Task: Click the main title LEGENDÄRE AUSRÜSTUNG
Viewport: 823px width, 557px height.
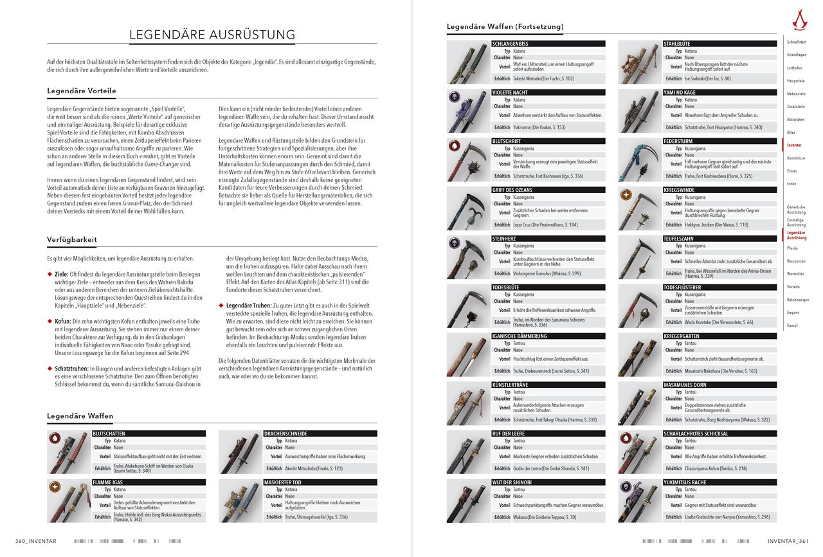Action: tap(212, 35)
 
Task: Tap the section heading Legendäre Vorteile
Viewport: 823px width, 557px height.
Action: tap(82, 91)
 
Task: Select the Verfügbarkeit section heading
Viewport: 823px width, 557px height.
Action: tap(72, 239)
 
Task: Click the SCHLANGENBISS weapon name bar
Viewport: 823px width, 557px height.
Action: tap(548, 44)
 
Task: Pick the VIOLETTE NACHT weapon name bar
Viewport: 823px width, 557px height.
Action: tap(548, 93)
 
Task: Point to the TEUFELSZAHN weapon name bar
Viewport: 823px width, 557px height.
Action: tap(719, 239)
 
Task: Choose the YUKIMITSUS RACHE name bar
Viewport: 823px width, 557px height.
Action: tap(719, 482)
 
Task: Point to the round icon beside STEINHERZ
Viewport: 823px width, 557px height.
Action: tap(454, 242)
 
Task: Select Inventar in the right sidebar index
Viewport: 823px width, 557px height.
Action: tap(794, 145)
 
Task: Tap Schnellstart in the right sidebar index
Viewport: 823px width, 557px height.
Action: tap(797, 42)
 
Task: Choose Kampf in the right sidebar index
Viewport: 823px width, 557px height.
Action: tap(793, 325)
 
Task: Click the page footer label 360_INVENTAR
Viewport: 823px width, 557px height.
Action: tap(36, 541)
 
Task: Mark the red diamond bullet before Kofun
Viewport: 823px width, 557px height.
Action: tap(50, 320)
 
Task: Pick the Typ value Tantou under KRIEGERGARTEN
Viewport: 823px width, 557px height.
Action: tap(690, 343)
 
